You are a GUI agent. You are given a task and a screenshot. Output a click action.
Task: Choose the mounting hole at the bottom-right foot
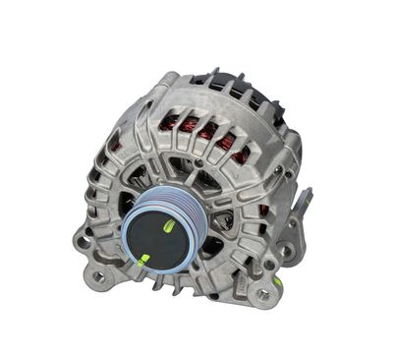click(260, 293)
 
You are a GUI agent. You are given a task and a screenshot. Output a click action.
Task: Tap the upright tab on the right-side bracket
click(307, 201)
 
